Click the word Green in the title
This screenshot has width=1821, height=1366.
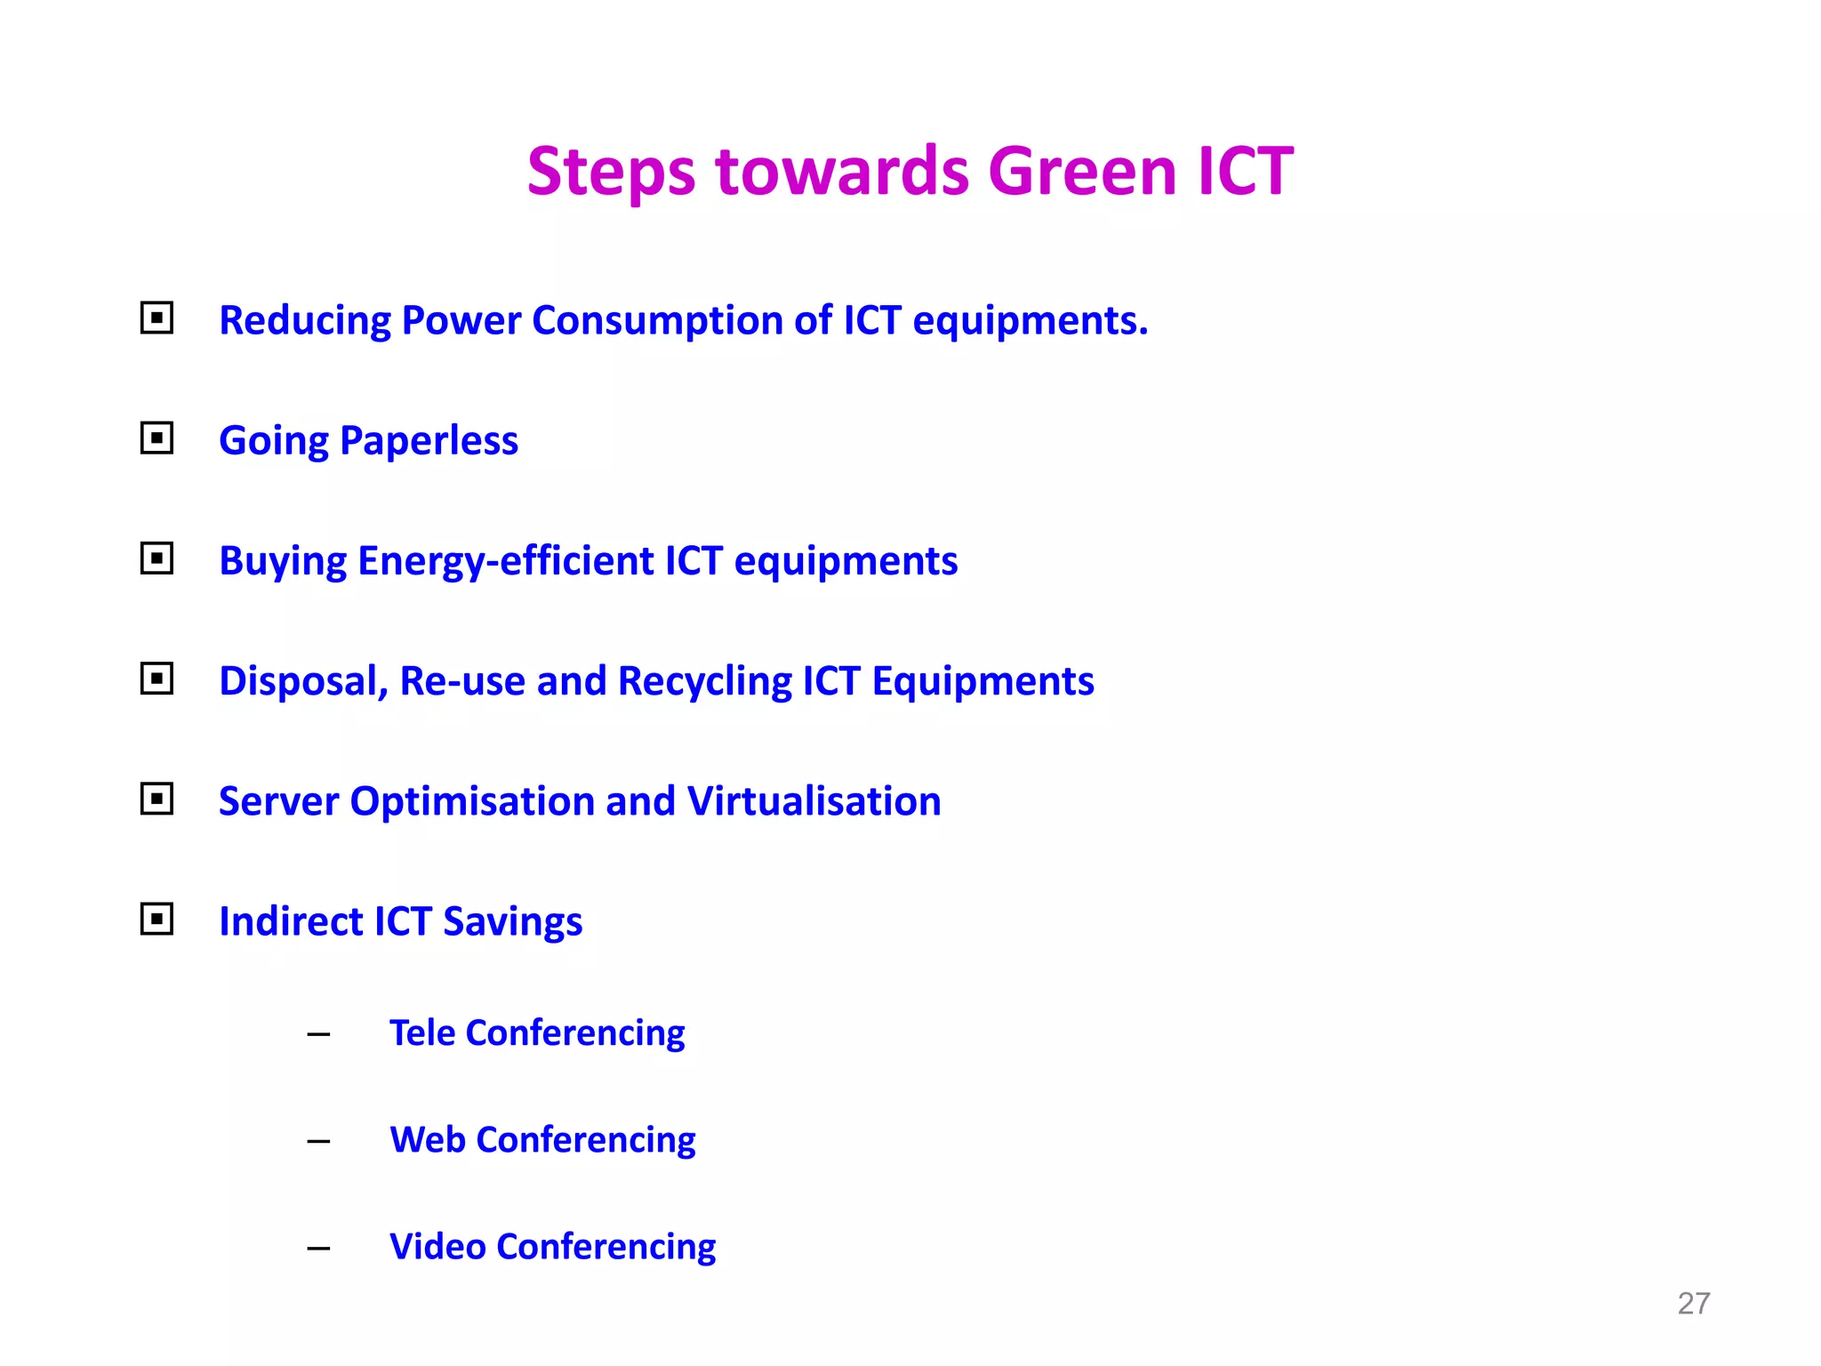[x=1082, y=171]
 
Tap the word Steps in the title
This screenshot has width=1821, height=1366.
[x=611, y=173]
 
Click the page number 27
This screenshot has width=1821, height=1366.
[x=1693, y=1303]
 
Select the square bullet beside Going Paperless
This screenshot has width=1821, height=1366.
[x=156, y=438]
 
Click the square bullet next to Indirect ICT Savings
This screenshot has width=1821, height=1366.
[x=156, y=919]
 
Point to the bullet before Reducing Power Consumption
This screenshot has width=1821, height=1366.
[x=156, y=317]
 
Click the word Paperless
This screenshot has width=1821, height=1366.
[x=429, y=441]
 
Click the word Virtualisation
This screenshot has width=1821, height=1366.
[x=814, y=800]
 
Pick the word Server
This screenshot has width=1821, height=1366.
[x=278, y=800]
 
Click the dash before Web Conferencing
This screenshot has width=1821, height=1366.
[x=318, y=1141]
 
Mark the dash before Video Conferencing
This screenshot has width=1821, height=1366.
[x=318, y=1248]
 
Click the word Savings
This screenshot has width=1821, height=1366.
[x=512, y=921]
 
